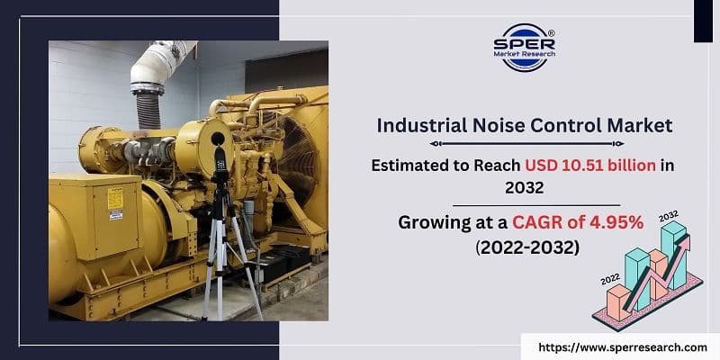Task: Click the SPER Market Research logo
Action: pos(525,49)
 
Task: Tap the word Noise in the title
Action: pos(506,126)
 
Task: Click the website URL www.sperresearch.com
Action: pos(622,346)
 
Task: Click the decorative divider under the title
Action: pos(524,143)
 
